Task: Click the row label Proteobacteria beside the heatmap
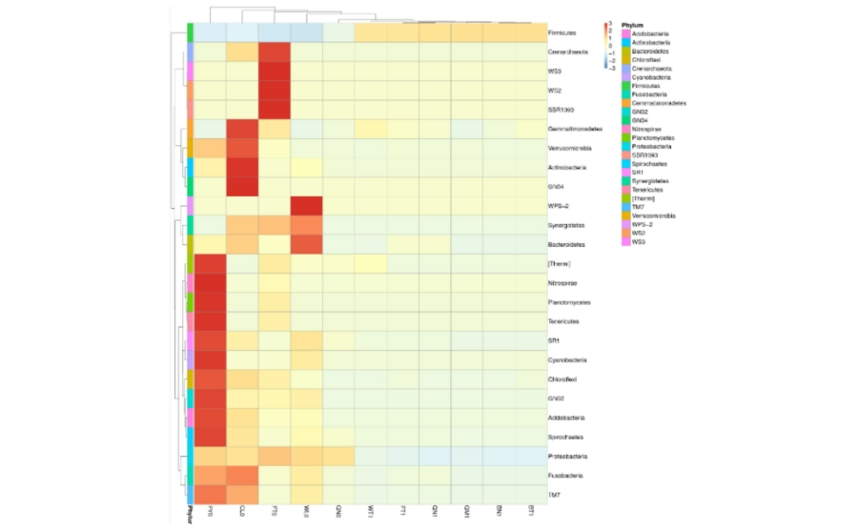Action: coord(565,456)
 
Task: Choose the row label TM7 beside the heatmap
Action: coord(555,494)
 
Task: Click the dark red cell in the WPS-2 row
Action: coord(306,206)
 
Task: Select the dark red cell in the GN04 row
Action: coord(242,187)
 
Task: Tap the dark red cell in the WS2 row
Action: coord(274,91)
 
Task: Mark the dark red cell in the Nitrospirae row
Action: coord(210,283)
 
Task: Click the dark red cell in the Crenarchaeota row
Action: coord(274,52)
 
